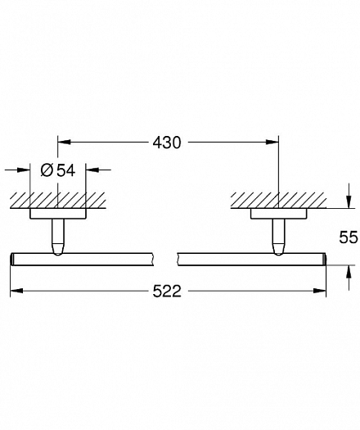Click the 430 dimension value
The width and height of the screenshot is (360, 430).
(x=167, y=143)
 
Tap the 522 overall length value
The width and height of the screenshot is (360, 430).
(x=167, y=291)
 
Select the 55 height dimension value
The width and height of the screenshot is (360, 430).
(x=349, y=237)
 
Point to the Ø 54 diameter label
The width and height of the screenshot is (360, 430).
(x=58, y=170)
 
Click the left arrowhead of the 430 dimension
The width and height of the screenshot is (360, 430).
(x=64, y=142)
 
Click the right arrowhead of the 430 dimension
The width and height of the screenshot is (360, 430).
(x=272, y=142)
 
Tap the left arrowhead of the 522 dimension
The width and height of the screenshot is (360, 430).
(x=16, y=291)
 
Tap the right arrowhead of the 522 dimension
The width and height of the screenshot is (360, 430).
(x=319, y=291)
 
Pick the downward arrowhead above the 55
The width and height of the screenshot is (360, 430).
(x=349, y=201)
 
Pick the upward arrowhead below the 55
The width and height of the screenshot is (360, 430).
(x=349, y=272)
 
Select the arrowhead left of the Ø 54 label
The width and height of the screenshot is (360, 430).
(x=23, y=170)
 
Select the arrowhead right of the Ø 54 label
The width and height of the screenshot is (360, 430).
(x=92, y=170)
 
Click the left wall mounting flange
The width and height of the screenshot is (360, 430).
(x=58, y=214)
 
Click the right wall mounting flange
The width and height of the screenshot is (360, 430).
(x=279, y=214)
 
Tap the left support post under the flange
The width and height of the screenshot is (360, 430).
(x=58, y=237)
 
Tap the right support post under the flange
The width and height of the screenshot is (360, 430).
(x=279, y=237)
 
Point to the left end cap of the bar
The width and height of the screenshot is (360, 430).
(x=12, y=259)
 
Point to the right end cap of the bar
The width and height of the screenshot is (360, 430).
(x=324, y=259)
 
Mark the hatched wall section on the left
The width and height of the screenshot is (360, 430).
(x=58, y=201)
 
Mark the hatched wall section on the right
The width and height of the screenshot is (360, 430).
(x=278, y=201)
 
